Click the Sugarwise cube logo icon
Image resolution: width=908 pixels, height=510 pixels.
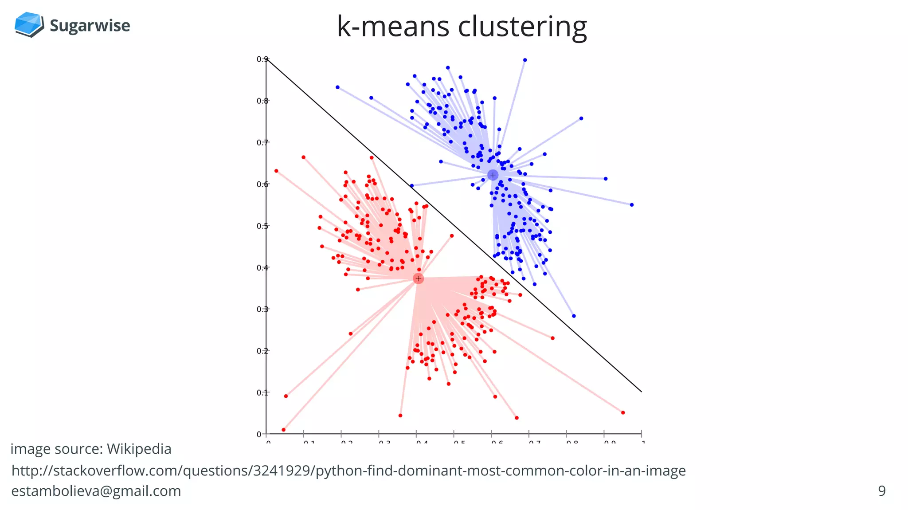tap(29, 24)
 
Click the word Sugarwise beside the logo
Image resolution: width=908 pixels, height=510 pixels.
tap(90, 26)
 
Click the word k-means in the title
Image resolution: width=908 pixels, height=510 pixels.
tap(393, 27)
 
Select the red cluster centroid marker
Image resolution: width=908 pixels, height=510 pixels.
tap(418, 279)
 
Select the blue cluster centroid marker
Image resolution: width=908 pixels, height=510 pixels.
tap(493, 175)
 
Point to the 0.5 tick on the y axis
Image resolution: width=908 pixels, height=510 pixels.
tap(262, 226)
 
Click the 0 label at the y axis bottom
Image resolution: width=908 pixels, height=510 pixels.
tap(259, 434)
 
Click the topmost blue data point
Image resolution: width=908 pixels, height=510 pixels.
tap(525, 60)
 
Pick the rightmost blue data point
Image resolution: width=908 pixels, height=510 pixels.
tap(632, 205)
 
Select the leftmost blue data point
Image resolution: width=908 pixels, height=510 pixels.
tap(337, 87)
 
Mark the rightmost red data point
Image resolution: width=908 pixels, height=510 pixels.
tap(623, 412)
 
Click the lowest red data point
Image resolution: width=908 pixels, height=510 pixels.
tap(284, 430)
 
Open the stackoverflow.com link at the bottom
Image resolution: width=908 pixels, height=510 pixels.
tap(348, 471)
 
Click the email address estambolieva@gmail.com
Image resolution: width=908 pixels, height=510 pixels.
tap(96, 491)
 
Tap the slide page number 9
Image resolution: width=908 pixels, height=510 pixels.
tap(881, 491)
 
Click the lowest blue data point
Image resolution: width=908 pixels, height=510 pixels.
tap(574, 316)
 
